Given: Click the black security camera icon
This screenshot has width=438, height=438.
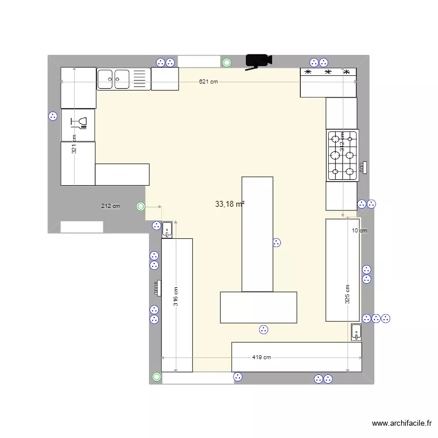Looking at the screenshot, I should coord(258,60).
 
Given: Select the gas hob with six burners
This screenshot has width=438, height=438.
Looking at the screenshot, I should coord(342,155).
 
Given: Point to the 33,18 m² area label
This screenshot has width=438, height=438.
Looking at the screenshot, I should coord(230,204).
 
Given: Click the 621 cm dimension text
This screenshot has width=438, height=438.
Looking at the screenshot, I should coord(208,82).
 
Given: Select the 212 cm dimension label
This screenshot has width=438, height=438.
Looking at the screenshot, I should coord(110,206).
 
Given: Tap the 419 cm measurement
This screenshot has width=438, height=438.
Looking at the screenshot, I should coord(262,357).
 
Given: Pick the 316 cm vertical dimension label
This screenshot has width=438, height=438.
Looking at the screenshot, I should coord(176,297).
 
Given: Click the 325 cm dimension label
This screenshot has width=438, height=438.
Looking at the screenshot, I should coord(347,294).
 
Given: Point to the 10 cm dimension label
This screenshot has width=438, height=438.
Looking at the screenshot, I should coord(359,230).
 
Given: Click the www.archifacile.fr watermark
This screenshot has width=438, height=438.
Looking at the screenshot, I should coord(402,423).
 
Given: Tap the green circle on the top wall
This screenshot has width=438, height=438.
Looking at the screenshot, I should coord(227,62).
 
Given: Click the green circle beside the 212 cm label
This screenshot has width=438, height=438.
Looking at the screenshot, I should coord(140,206).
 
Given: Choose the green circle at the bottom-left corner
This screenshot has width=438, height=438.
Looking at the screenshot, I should coord(156,378).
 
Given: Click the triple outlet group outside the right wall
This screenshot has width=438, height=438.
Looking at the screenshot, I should coord(376,318).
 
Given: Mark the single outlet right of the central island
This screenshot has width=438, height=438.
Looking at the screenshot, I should coord(277,243).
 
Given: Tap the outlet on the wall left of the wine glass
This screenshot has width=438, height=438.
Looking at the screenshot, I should coord(53,116).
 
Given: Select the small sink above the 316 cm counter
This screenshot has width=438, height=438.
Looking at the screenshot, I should coord(167,230).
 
